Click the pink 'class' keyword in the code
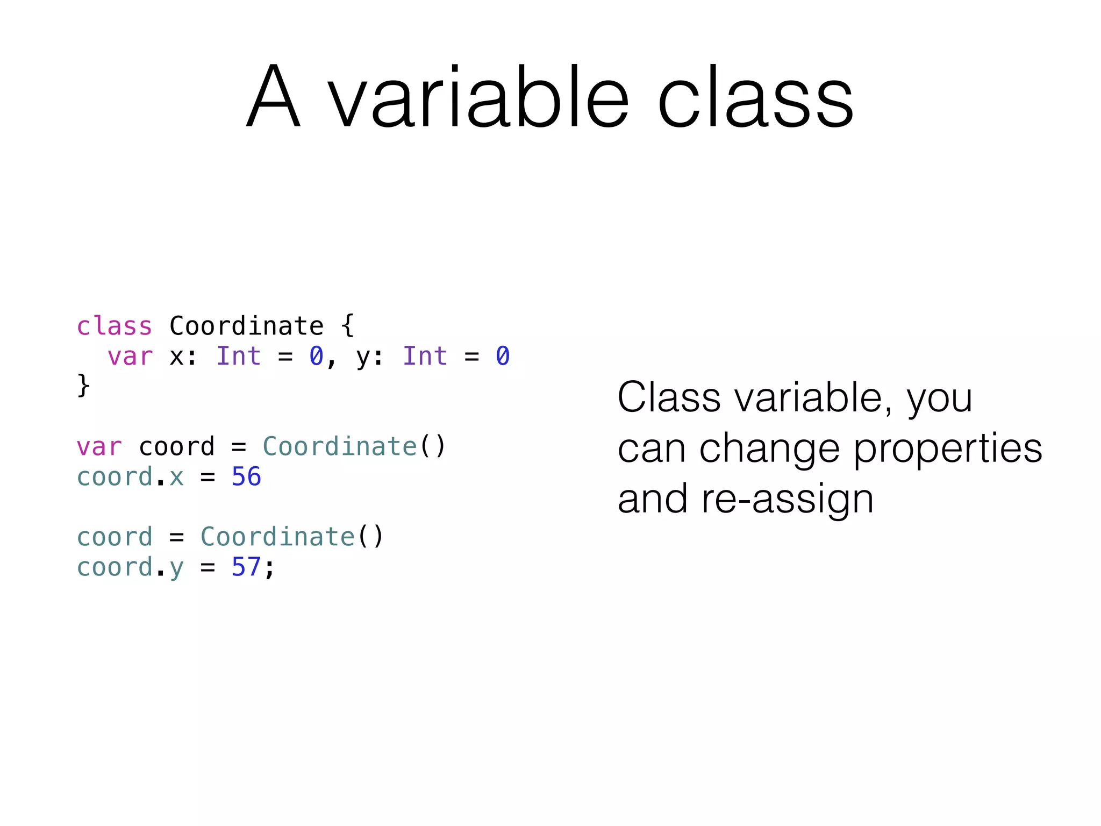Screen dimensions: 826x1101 115,326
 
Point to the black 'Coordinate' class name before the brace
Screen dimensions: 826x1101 247,326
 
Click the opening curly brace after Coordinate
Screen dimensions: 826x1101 348,326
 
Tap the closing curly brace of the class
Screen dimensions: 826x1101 83,386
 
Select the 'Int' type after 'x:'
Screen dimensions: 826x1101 239,356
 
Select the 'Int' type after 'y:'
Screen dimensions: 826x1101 425,356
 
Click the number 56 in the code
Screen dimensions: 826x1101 246,476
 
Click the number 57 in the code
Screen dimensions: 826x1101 246,567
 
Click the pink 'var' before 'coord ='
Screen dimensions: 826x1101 99,447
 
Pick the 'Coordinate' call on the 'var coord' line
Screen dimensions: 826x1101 340,446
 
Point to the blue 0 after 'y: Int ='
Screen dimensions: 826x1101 503,356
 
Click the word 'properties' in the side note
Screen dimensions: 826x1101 948,449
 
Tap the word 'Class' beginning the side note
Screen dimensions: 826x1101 669,397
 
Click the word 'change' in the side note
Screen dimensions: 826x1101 769,449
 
